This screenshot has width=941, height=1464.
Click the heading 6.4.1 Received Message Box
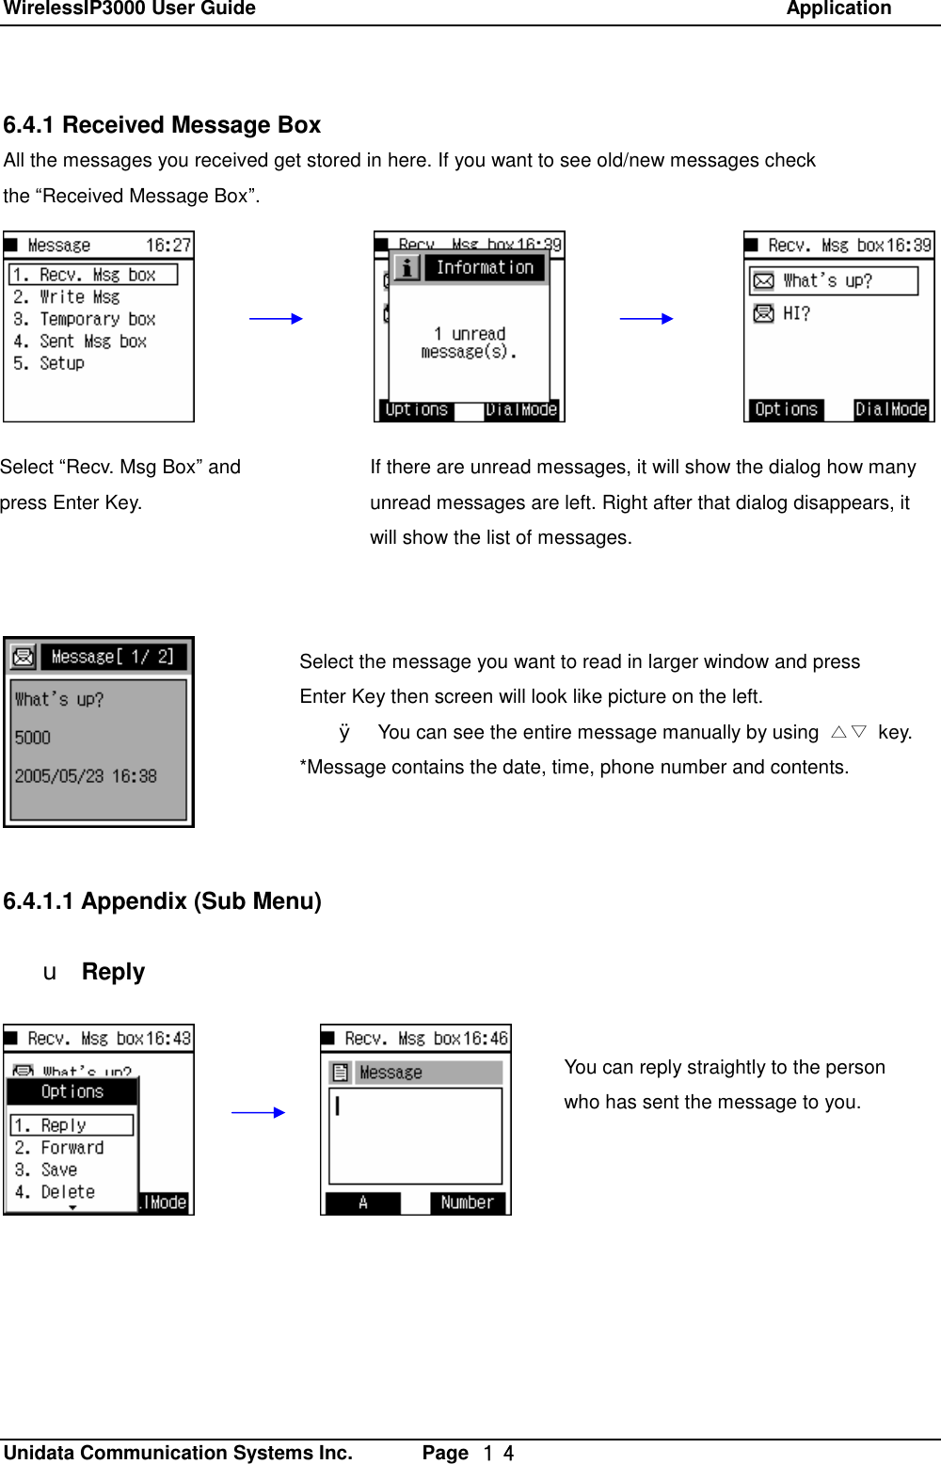pos(162,125)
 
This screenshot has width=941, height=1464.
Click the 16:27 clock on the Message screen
pos(167,246)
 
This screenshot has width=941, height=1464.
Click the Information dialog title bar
pos(484,268)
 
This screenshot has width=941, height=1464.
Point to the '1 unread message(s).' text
pos(470,343)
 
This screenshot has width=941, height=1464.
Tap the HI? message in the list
pos(795,314)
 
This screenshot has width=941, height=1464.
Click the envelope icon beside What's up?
pos(764,281)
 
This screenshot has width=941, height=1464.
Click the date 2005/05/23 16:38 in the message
pos(86,777)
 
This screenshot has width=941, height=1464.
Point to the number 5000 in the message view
pos(33,739)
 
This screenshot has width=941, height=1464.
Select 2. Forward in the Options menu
pos(72,1148)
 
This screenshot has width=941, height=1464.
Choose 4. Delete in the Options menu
pos(67,1192)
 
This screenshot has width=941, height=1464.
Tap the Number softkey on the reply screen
pos(467,1202)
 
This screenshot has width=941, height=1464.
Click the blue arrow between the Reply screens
pos(258,1112)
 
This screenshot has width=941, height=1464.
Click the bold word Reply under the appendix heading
pos(113,972)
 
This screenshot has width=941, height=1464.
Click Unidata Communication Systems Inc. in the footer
pos(178,1453)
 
